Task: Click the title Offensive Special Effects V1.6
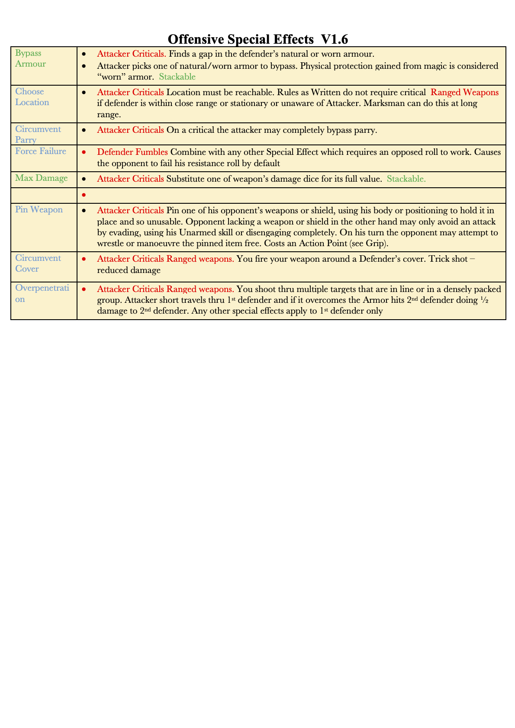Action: point(257,39)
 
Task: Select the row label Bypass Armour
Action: point(30,58)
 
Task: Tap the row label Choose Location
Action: point(32,97)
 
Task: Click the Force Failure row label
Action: point(41,151)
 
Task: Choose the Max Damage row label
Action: point(42,178)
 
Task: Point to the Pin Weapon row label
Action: point(39,209)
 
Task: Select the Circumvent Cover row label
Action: point(38,263)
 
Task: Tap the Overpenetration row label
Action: point(42,293)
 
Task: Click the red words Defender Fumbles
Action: point(132,152)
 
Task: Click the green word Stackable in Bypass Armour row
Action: point(177,77)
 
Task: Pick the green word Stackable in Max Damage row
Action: point(406,179)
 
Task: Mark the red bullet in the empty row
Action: point(84,195)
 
